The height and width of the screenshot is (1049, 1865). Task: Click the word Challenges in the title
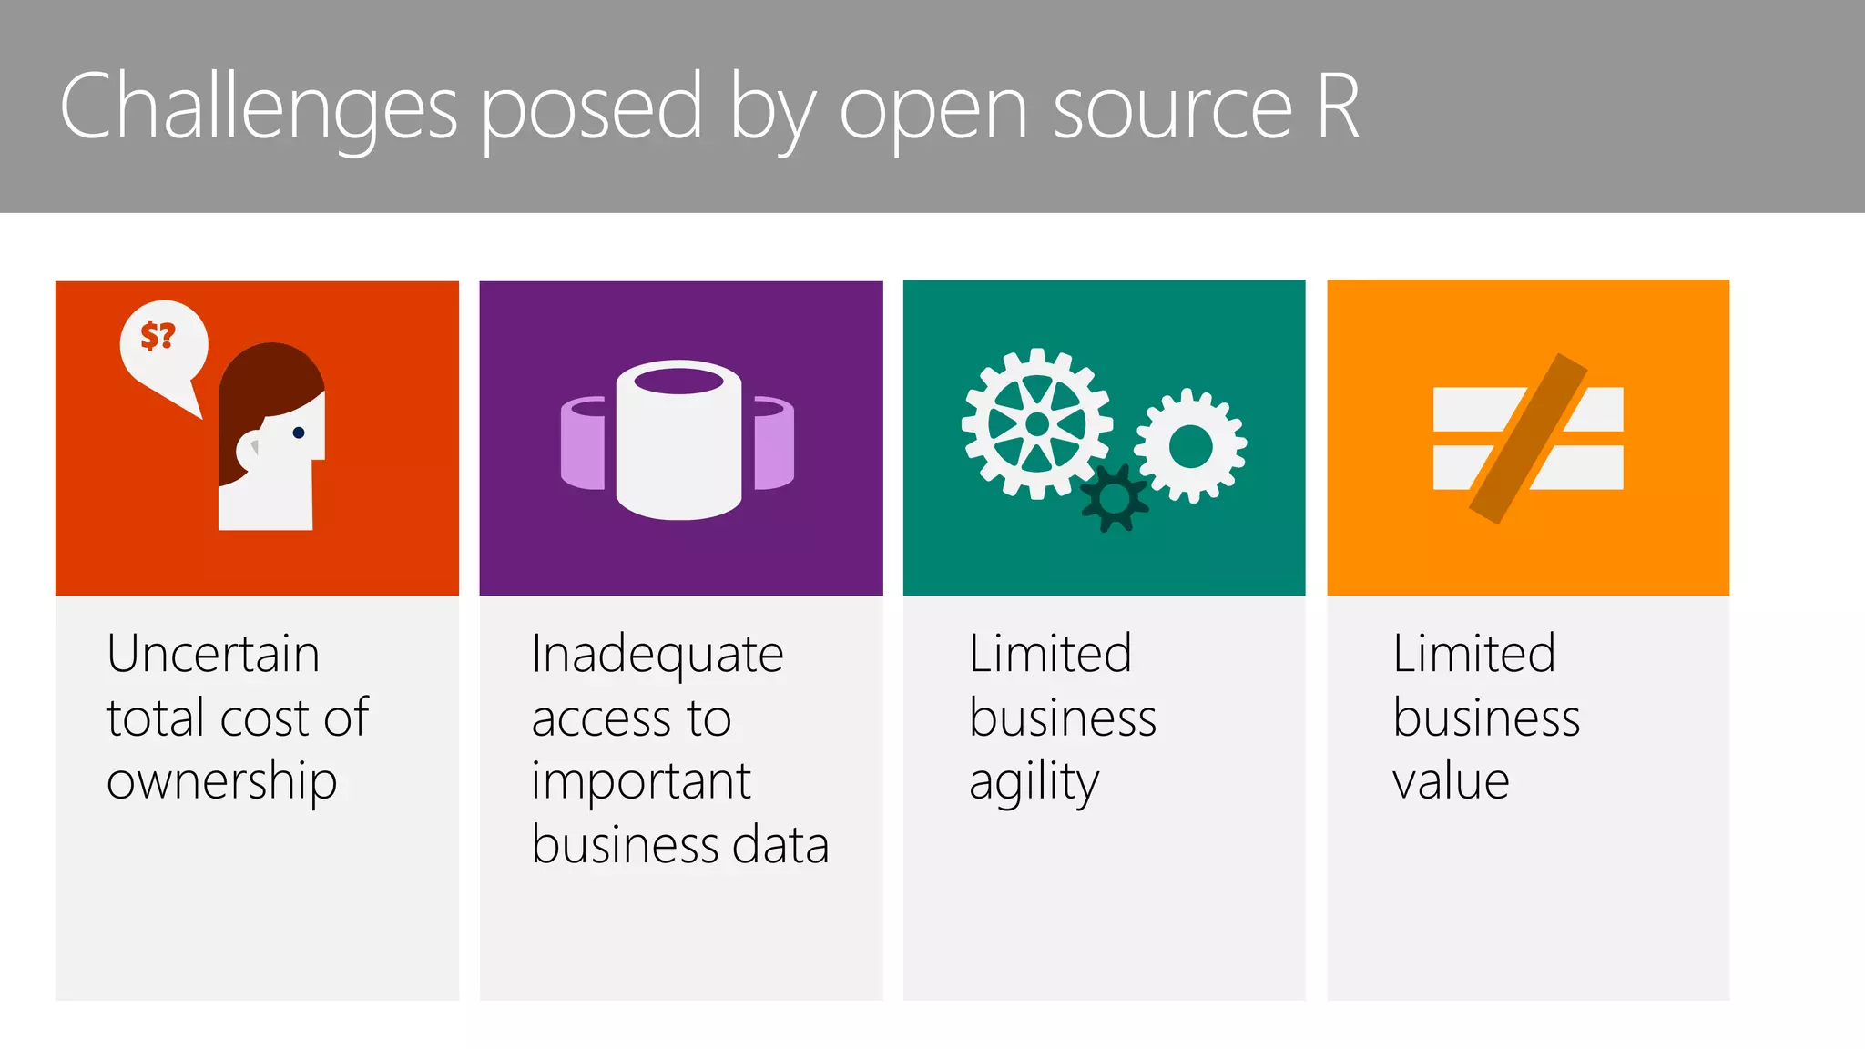tap(258, 107)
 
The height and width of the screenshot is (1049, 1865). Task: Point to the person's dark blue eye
tap(299, 433)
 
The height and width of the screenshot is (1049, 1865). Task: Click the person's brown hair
tap(264, 382)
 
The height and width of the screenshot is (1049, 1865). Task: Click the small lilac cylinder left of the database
tap(583, 443)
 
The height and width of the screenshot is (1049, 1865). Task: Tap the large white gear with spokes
tap(1036, 423)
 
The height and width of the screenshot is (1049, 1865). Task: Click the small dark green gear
tap(1114, 497)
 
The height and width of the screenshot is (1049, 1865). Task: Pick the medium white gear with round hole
tap(1190, 446)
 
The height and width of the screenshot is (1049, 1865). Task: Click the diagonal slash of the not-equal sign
tap(1528, 439)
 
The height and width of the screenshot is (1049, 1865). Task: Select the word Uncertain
tap(213, 654)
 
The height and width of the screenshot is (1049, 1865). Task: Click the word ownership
tap(221, 781)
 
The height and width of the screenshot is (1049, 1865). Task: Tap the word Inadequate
tap(657, 654)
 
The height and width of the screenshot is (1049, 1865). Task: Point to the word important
tap(641, 781)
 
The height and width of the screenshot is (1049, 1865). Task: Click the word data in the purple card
tap(780, 845)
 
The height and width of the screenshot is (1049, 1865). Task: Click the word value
tap(1451, 781)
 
